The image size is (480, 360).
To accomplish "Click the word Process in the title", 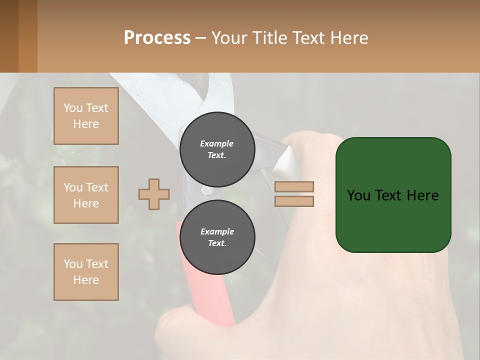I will click(157, 38).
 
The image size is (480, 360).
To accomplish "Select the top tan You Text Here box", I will click(86, 116).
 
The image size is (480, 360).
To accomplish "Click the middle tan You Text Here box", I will click(86, 195).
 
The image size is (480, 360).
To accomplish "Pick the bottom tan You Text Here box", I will click(86, 271).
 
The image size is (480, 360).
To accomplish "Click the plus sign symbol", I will click(154, 194).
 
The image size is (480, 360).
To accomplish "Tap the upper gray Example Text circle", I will click(217, 149).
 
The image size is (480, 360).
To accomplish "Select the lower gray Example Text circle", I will click(217, 237).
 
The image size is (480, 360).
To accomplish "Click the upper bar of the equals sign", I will click(294, 186).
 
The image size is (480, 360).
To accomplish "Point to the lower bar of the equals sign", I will click(294, 201).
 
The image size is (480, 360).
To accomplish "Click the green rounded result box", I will click(393, 195).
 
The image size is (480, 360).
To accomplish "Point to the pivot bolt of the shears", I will click(205, 190).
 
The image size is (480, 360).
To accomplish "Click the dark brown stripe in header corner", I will click(9, 36).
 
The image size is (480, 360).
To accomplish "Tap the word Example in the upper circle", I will click(216, 143).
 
